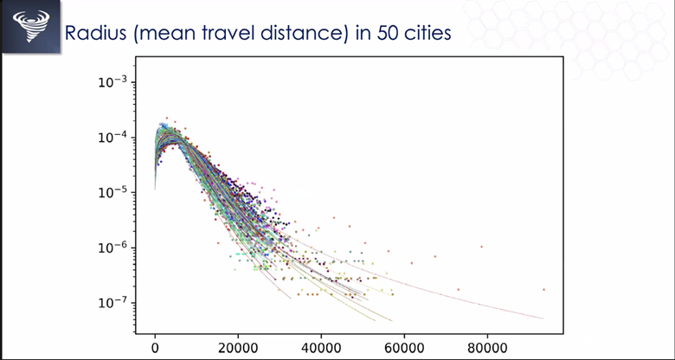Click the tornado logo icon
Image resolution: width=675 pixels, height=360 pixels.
(x=31, y=26)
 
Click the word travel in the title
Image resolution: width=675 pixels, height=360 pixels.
(x=241, y=34)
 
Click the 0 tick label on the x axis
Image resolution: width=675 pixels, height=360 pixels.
(x=155, y=347)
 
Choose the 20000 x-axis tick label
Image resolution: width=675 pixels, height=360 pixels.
(x=238, y=347)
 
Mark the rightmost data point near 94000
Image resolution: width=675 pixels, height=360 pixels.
(x=543, y=289)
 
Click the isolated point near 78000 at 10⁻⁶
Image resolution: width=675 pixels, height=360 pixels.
(x=482, y=247)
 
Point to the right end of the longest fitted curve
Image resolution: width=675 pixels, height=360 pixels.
(x=543, y=318)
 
